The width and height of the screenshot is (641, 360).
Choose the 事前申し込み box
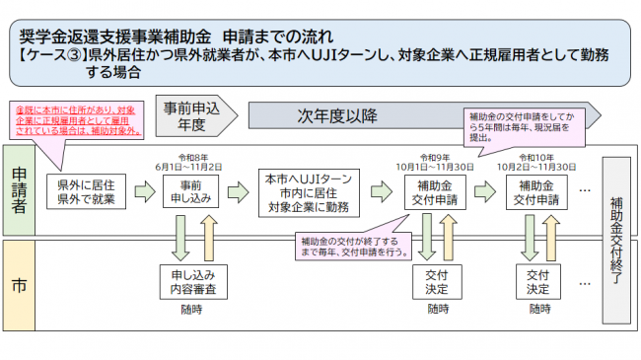pyautogui.click(x=191, y=191)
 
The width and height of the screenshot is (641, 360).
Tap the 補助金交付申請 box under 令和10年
pyautogui.click(x=537, y=191)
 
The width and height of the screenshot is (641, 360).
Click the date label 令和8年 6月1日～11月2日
pyautogui.click(x=191, y=162)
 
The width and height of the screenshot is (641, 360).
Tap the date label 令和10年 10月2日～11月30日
pyautogui.click(x=537, y=162)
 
